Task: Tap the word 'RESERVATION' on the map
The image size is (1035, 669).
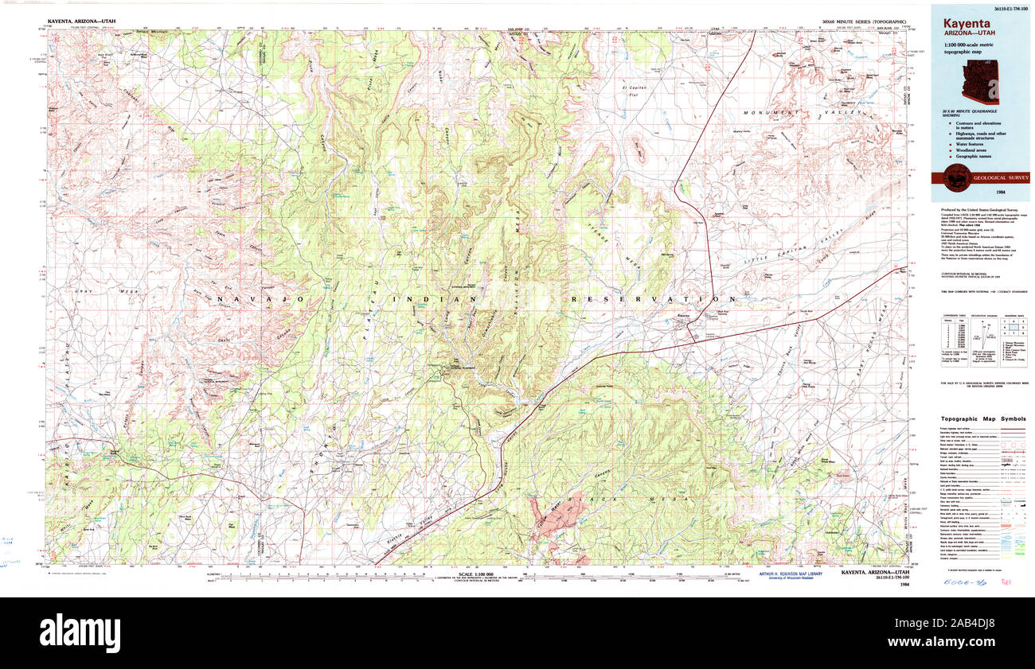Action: click(x=641, y=299)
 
